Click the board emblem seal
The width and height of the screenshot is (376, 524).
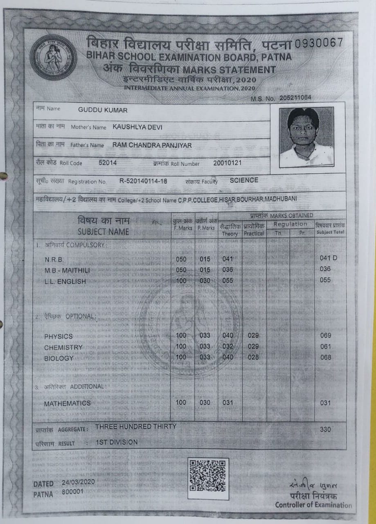pyautogui.click(x=54, y=57)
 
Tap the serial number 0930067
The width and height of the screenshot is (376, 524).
pyautogui.click(x=317, y=43)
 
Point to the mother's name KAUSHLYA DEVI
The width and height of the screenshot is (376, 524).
pyautogui.click(x=137, y=127)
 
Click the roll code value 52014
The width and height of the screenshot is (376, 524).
pyautogui.click(x=108, y=163)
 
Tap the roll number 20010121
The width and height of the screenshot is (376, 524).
pyautogui.click(x=227, y=163)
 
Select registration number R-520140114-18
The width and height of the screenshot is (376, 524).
pyautogui.click(x=143, y=181)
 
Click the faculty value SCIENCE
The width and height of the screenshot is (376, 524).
pyautogui.click(x=244, y=180)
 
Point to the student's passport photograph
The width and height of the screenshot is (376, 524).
pyautogui.click(x=306, y=137)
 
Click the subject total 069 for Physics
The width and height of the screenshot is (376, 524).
pyautogui.click(x=326, y=336)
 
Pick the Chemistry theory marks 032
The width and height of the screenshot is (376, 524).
pyautogui.click(x=228, y=346)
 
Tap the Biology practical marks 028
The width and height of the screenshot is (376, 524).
pyautogui.click(x=253, y=357)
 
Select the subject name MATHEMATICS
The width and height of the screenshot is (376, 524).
pyautogui.click(x=68, y=403)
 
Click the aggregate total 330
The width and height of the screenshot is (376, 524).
pyautogui.click(x=326, y=429)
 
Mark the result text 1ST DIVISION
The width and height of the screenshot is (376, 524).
pyautogui.click(x=117, y=443)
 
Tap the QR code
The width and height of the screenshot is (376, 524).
pyautogui.click(x=208, y=476)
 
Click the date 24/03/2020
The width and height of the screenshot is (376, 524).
pyautogui.click(x=79, y=482)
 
